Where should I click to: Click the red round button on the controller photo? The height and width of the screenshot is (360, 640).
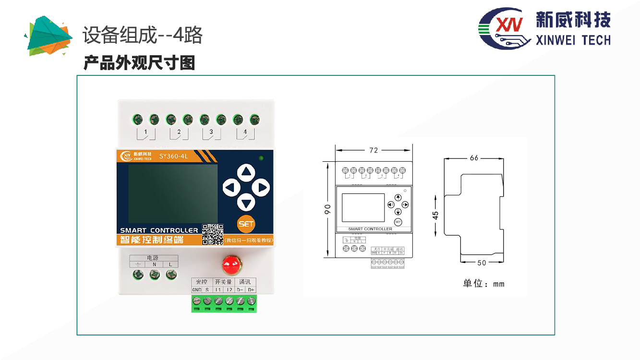pos(231,264)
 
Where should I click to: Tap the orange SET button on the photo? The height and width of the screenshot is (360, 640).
pos(246,224)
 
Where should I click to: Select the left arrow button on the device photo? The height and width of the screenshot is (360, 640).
pos(231,187)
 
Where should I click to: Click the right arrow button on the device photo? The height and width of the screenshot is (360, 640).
pos(261,187)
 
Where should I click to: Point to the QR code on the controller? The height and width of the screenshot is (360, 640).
pos(212,234)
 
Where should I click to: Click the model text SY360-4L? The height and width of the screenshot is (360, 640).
pos(173,156)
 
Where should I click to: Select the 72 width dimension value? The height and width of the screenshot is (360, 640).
pos(374,150)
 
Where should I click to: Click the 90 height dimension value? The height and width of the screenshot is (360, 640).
pos(327,209)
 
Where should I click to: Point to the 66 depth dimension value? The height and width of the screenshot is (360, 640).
pos(474,158)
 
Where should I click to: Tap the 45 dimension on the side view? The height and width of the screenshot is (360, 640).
pos(435,216)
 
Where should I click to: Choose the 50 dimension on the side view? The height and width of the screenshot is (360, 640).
pos(482,263)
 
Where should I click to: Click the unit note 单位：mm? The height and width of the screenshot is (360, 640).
pos(483,284)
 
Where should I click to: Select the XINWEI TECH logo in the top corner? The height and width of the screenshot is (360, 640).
pos(544,28)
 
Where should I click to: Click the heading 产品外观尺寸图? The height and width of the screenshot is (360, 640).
pos(139,63)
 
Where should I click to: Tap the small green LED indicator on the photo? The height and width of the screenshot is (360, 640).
pos(261,158)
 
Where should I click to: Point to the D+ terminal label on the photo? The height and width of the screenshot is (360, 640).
pos(251,290)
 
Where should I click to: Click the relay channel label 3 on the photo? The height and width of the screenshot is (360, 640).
pos(210,132)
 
